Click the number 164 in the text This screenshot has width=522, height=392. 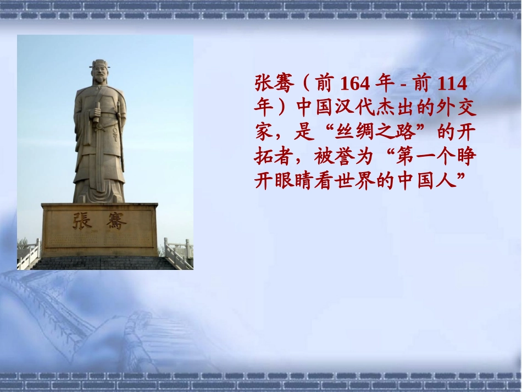tap(355, 84)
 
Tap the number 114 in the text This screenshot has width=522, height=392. tap(452, 84)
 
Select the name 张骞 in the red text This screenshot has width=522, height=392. tap(275, 83)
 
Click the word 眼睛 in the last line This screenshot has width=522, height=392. tap(295, 181)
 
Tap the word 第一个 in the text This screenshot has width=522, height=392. tap(435, 157)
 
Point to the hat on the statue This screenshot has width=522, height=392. tap(99, 64)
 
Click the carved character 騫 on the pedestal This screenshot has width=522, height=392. tap(116, 221)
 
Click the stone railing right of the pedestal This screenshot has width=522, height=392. tap(179, 252)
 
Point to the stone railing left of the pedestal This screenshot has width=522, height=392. tap(29, 254)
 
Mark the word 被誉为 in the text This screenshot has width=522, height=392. tap(343, 157)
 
